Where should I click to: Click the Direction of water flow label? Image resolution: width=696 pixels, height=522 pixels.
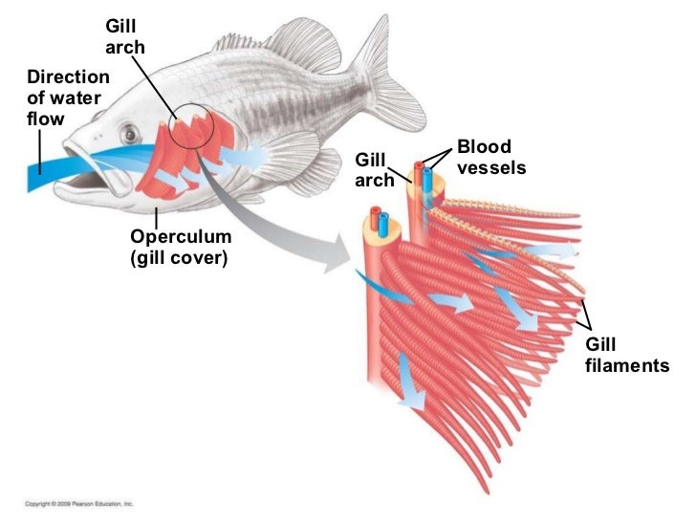point(67,98)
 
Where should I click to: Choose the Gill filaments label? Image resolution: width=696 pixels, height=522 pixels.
point(625,355)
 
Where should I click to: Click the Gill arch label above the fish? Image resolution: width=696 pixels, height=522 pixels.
point(124,37)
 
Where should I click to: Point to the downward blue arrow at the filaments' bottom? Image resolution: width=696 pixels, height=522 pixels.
point(409,382)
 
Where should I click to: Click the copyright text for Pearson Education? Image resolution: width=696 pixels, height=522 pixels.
point(78,503)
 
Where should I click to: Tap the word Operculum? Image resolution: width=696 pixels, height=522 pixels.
point(172,238)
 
